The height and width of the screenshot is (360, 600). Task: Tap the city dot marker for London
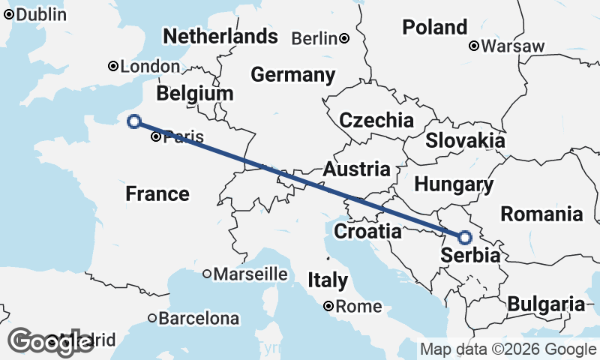tap(113, 66)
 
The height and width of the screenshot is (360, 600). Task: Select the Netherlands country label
tap(220, 37)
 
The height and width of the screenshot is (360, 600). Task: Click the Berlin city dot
tap(343, 38)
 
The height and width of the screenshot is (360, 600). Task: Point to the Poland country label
tap(435, 28)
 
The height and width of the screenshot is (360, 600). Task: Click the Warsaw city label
tap(513, 46)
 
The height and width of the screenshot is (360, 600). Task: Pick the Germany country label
tap(292, 75)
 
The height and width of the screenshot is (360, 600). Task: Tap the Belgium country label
tap(195, 94)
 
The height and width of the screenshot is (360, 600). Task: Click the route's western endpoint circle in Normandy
tap(134, 121)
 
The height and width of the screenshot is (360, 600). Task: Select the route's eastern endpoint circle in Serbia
tap(465, 238)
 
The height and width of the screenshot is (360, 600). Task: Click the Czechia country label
tap(376, 120)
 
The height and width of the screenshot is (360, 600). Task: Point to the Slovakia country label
tap(465, 140)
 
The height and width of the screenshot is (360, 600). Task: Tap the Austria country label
tap(356, 169)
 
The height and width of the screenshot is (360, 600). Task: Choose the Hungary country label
tap(454, 184)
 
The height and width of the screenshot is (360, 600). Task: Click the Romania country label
tap(541, 214)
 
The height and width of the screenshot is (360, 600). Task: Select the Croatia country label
tap(367, 232)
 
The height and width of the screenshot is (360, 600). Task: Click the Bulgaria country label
tap(545, 304)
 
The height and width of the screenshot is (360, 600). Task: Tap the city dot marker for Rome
tap(328, 306)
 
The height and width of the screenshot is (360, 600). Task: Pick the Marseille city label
tap(250, 274)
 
